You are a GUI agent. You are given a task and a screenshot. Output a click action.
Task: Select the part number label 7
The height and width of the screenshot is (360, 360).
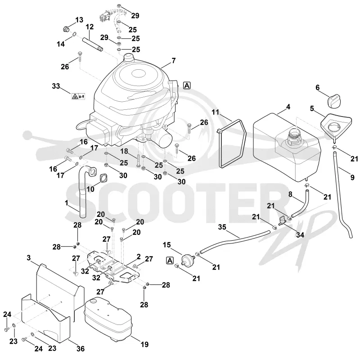click(x=174, y=61)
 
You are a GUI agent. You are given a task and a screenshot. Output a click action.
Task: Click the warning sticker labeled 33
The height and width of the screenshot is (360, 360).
click(x=78, y=96)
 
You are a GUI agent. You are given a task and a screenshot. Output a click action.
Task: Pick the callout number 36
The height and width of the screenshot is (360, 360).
click(x=81, y=349)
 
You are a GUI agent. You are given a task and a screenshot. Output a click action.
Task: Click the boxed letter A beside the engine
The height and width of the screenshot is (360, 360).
click(x=187, y=85)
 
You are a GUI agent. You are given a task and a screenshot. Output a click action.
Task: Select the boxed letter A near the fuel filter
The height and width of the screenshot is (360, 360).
click(x=170, y=261)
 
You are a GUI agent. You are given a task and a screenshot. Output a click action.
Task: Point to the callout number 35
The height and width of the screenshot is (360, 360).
click(x=222, y=227)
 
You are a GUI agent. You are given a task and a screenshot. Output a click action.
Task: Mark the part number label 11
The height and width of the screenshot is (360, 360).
click(x=216, y=112)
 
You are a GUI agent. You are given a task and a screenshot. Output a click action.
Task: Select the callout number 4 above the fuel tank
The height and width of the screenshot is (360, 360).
click(x=288, y=107)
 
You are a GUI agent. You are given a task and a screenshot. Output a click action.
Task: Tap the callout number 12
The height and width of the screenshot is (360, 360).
click(x=90, y=27)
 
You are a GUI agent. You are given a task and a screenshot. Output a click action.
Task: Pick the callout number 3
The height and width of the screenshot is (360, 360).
click(x=28, y=258)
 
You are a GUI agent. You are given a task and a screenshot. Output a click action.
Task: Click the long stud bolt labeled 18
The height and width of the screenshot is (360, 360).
click(x=138, y=160)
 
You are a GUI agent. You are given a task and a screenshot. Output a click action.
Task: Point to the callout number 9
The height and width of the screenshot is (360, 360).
click(x=352, y=177)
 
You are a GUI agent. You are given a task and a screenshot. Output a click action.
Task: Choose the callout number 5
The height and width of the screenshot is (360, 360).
click(x=312, y=108)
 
